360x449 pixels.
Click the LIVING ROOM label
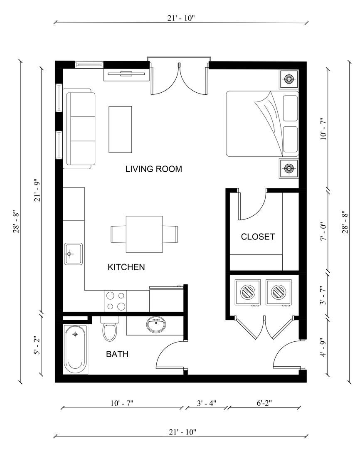[154, 169]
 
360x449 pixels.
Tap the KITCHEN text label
[126, 267]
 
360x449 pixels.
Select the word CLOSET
[258, 237]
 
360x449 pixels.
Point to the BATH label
[117, 355]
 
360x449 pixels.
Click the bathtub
[76, 348]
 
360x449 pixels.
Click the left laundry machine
[247, 292]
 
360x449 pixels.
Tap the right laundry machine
[279, 292]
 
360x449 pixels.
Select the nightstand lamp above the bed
[288, 78]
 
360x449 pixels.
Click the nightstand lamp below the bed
[288, 168]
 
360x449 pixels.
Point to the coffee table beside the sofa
[121, 129]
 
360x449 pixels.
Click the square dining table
[144, 234]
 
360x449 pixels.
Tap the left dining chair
[118, 234]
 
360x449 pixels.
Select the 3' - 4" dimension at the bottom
[206, 403]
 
